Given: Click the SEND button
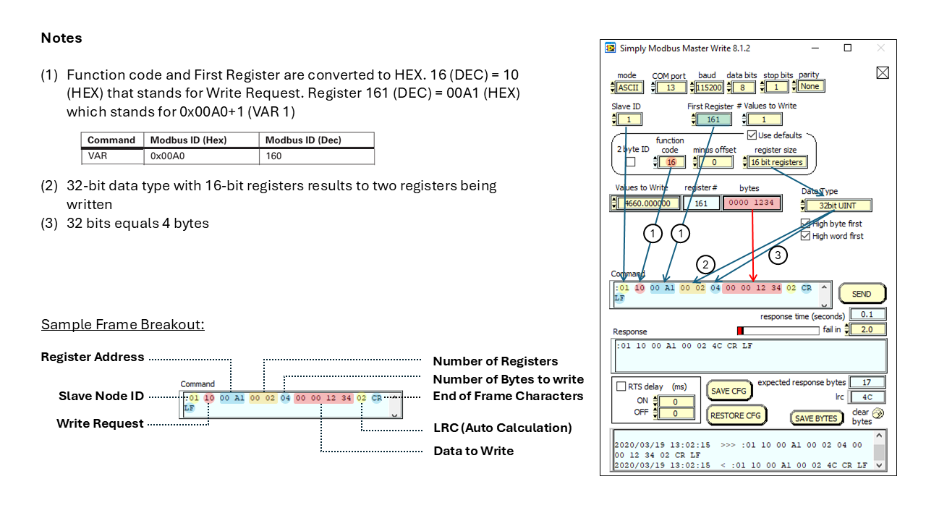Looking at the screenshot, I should click(862, 294).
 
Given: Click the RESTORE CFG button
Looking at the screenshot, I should click(735, 415).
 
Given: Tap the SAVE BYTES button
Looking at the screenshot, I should click(816, 418).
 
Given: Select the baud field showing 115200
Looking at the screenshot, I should click(708, 87).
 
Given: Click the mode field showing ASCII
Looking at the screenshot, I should click(629, 87).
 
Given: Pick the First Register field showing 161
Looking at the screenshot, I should click(713, 119).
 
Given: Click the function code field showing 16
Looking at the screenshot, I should click(671, 162).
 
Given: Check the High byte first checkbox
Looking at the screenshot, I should click(806, 224).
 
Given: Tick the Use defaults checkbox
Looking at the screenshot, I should click(752, 135).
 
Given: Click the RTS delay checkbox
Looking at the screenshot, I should click(621, 386).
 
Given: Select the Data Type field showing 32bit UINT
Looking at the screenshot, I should click(838, 206).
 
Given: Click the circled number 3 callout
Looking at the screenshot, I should click(778, 255).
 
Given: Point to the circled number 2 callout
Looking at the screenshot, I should click(705, 263).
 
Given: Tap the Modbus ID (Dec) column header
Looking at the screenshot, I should click(303, 140).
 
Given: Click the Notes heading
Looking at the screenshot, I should click(61, 38).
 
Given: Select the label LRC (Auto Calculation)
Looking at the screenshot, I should click(502, 428).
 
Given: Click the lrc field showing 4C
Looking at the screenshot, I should click(867, 397).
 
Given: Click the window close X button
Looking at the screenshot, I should click(880, 48).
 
